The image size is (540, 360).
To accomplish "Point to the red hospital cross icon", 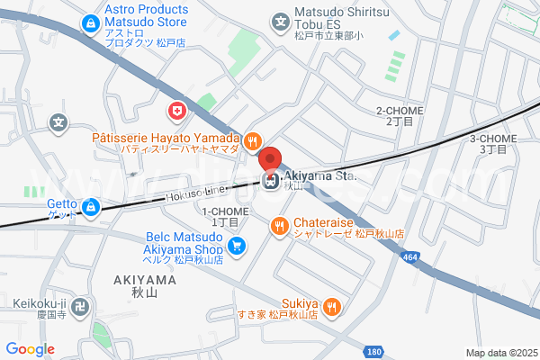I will (178, 112).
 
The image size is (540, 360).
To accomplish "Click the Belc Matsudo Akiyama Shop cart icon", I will (237, 244).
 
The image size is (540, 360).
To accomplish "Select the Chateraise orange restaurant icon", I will (280, 227).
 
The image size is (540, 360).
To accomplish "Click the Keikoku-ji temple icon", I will (78, 307).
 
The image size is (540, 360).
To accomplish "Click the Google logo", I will (30, 349).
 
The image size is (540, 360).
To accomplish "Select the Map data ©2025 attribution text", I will (501, 353).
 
